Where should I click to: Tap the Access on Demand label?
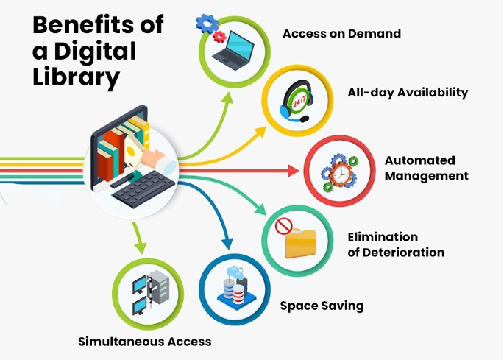[341, 33]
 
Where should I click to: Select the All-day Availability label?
[407, 92]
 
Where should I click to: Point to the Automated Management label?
[426, 168]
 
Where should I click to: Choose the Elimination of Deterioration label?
[395, 244]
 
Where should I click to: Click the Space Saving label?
[322, 305]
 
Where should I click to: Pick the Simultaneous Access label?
[145, 341]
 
